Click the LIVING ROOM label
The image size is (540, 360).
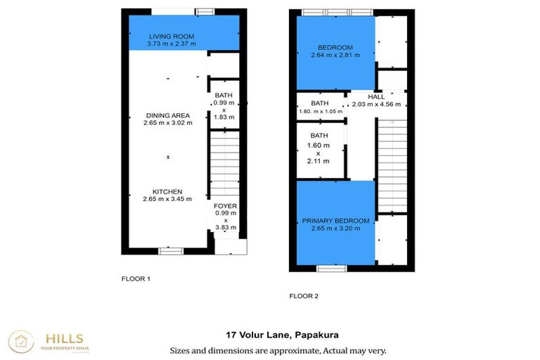tap(172, 36)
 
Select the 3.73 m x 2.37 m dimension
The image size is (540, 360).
tap(172, 44)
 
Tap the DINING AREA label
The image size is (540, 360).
tap(168, 115)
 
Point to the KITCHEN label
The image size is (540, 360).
tap(168, 191)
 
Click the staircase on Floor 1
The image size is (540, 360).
tap(225, 162)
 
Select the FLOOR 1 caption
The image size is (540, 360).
tap(136, 279)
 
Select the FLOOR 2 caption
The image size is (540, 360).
tap(304, 296)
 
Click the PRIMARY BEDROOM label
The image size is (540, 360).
tap(335, 220)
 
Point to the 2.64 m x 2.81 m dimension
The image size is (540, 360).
tap(335, 57)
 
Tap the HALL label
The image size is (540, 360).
tap(377, 96)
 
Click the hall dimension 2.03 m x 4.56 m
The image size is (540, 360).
tap(377, 104)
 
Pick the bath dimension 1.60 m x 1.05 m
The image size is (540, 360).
tap(321, 111)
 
